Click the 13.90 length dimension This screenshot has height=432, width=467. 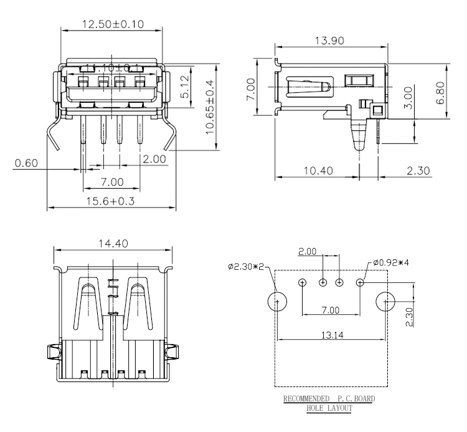[331, 41]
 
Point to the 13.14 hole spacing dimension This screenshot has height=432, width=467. [330, 334]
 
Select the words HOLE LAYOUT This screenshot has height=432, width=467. [330, 408]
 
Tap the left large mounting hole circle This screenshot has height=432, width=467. [278, 302]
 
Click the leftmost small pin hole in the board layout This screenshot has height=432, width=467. [302, 283]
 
